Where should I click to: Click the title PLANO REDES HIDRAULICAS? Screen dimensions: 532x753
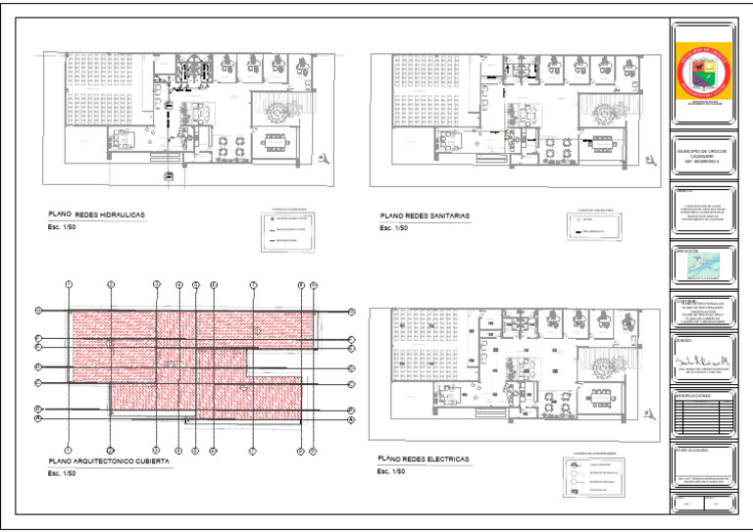pos(97,214)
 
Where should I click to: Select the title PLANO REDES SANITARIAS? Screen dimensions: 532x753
pos(425,215)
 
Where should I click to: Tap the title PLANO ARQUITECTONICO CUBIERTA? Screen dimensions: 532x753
pos(109,459)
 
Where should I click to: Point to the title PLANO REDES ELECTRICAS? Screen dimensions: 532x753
pos(423,459)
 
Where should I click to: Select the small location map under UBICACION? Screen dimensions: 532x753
pos(700,266)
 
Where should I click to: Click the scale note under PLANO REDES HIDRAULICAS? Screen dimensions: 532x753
pos(61,227)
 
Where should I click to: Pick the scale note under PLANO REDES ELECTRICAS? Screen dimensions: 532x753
pos(389,471)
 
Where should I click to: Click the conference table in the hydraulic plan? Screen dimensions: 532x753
pos(276,140)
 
